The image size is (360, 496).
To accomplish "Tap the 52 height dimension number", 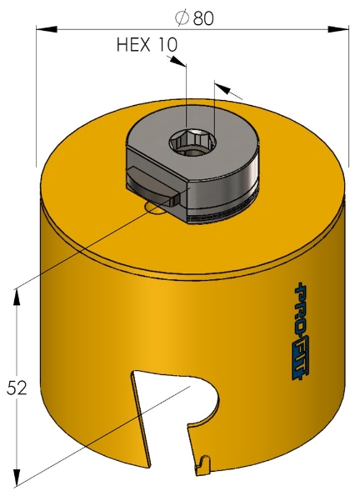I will [17, 388].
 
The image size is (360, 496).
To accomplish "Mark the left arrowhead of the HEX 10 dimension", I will [176, 62].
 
